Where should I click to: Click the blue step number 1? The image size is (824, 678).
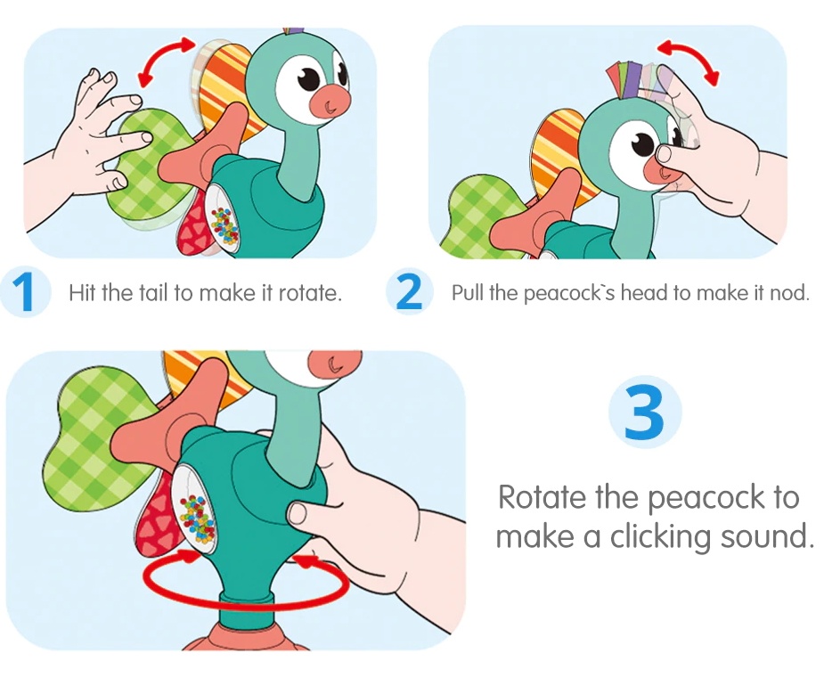click(x=25, y=292)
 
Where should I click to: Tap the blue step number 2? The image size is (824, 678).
click(x=408, y=292)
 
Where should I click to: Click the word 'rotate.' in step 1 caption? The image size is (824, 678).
click(x=309, y=293)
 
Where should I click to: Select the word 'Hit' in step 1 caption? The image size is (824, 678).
click(x=82, y=293)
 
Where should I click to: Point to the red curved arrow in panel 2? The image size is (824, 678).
click(x=689, y=53)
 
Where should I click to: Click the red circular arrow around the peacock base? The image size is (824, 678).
click(x=247, y=604)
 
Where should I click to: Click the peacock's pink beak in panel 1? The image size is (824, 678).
click(x=331, y=103)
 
